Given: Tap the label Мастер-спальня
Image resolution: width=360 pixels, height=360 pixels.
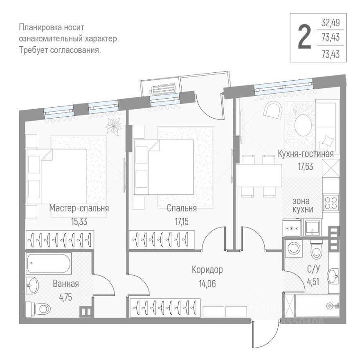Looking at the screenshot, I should pyautogui.click(x=79, y=208).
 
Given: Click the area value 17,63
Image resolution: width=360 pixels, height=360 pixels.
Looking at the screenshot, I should pyautogui.click(x=306, y=166).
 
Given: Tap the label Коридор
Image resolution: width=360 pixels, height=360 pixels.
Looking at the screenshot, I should pyautogui.click(x=207, y=270).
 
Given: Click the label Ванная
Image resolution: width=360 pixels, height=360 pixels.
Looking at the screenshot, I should pyautogui.click(x=65, y=283).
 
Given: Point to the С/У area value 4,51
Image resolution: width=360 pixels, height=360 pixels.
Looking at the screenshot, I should pyautogui.click(x=314, y=281).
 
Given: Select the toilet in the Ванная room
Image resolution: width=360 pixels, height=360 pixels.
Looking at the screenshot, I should pyautogui.click(x=39, y=308).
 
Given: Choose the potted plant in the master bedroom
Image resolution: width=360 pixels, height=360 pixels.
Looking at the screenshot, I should pyautogui.click(x=113, y=126).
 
